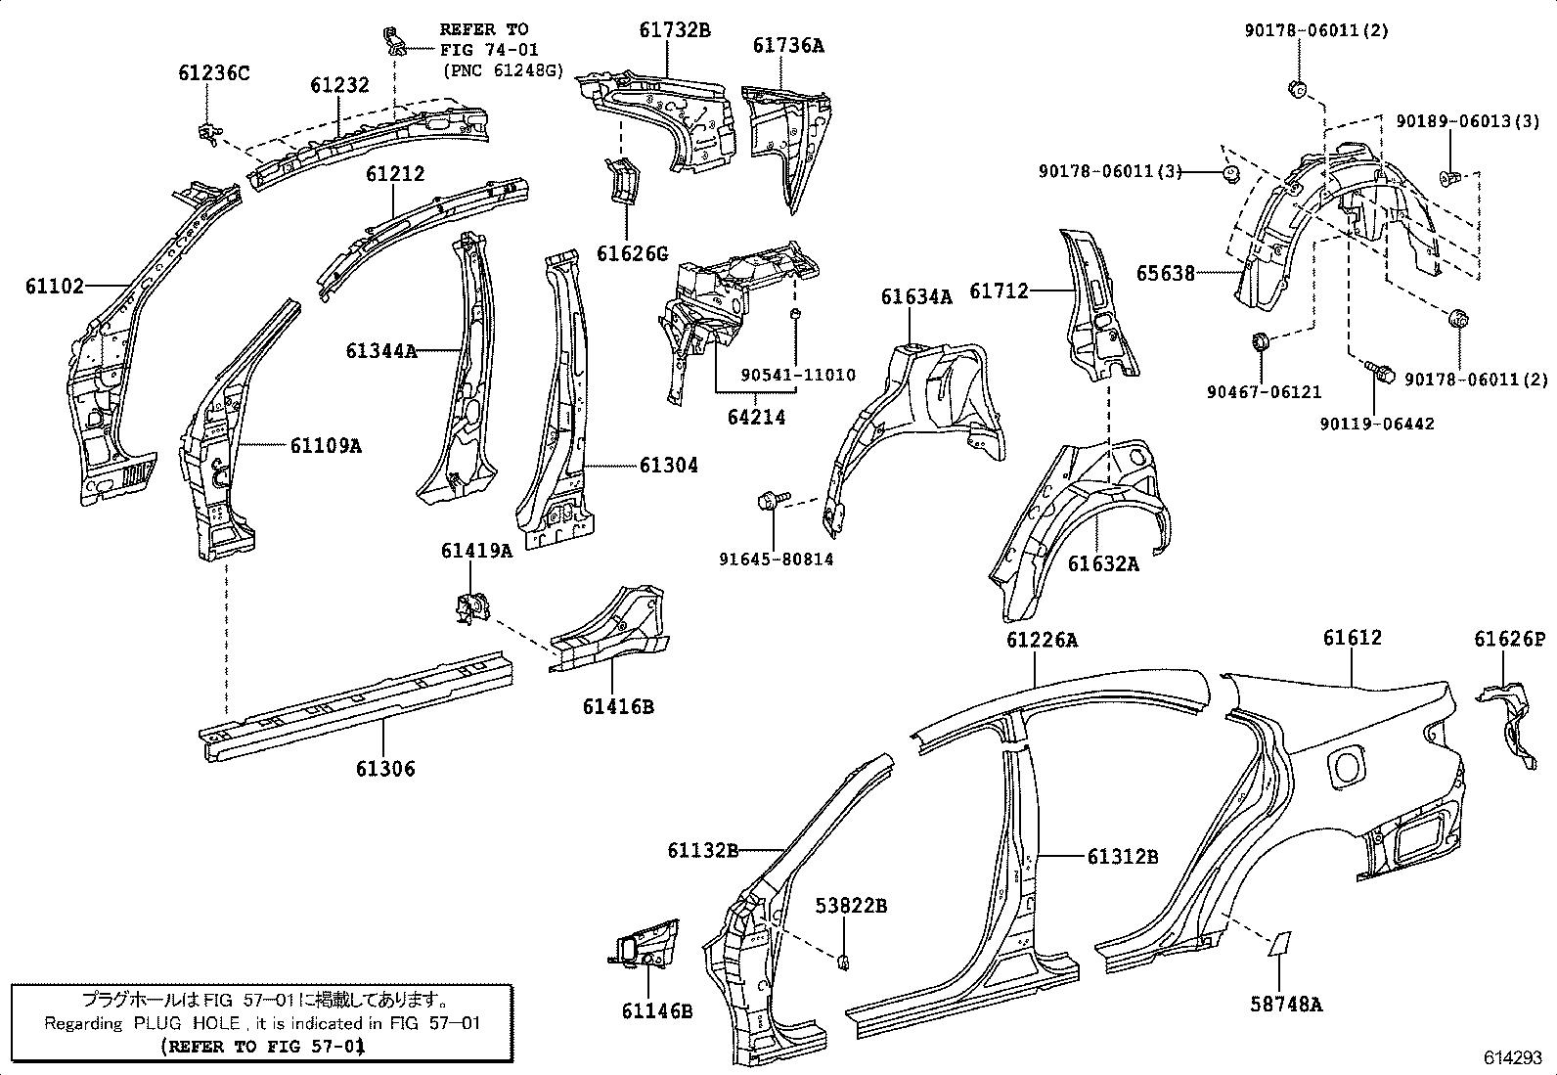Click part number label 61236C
pyautogui.click(x=213, y=72)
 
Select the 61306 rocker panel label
pyautogui.click(x=384, y=769)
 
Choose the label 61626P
pyautogui.click(x=1509, y=640)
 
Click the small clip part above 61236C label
pyautogui.click(x=207, y=133)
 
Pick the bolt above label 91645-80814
pyautogui.click(x=768, y=503)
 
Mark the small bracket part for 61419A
pyautogui.click(x=471, y=606)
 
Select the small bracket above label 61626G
pyautogui.click(x=621, y=182)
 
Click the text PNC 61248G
pyautogui.click(x=503, y=70)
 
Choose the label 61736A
pyautogui.click(x=787, y=45)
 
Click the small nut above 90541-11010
pyautogui.click(x=796, y=314)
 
